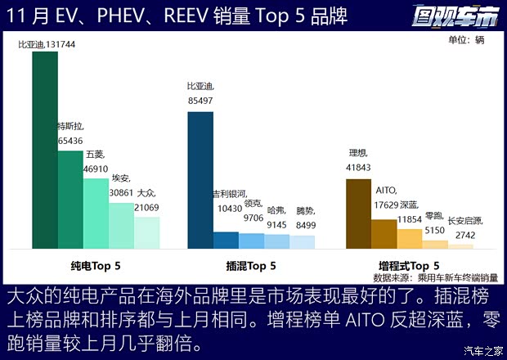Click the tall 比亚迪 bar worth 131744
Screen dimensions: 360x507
click(x=45, y=150)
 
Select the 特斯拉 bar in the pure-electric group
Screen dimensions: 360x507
click(x=70, y=199)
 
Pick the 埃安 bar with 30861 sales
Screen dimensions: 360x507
click(x=121, y=225)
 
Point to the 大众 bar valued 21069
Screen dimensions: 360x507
click(x=146, y=232)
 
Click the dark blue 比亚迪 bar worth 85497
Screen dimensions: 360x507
click(x=200, y=180)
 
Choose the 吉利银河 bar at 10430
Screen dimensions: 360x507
click(x=226, y=240)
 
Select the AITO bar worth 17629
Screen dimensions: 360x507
click(x=384, y=233)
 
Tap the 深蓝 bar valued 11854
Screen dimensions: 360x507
click(x=409, y=238)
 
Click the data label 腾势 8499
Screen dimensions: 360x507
click(x=305, y=216)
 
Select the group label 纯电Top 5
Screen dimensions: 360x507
click(x=96, y=266)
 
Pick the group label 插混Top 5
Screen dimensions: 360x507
click(x=251, y=266)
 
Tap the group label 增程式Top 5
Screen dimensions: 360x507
click(x=409, y=266)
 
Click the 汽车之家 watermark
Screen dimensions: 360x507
click(x=482, y=351)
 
